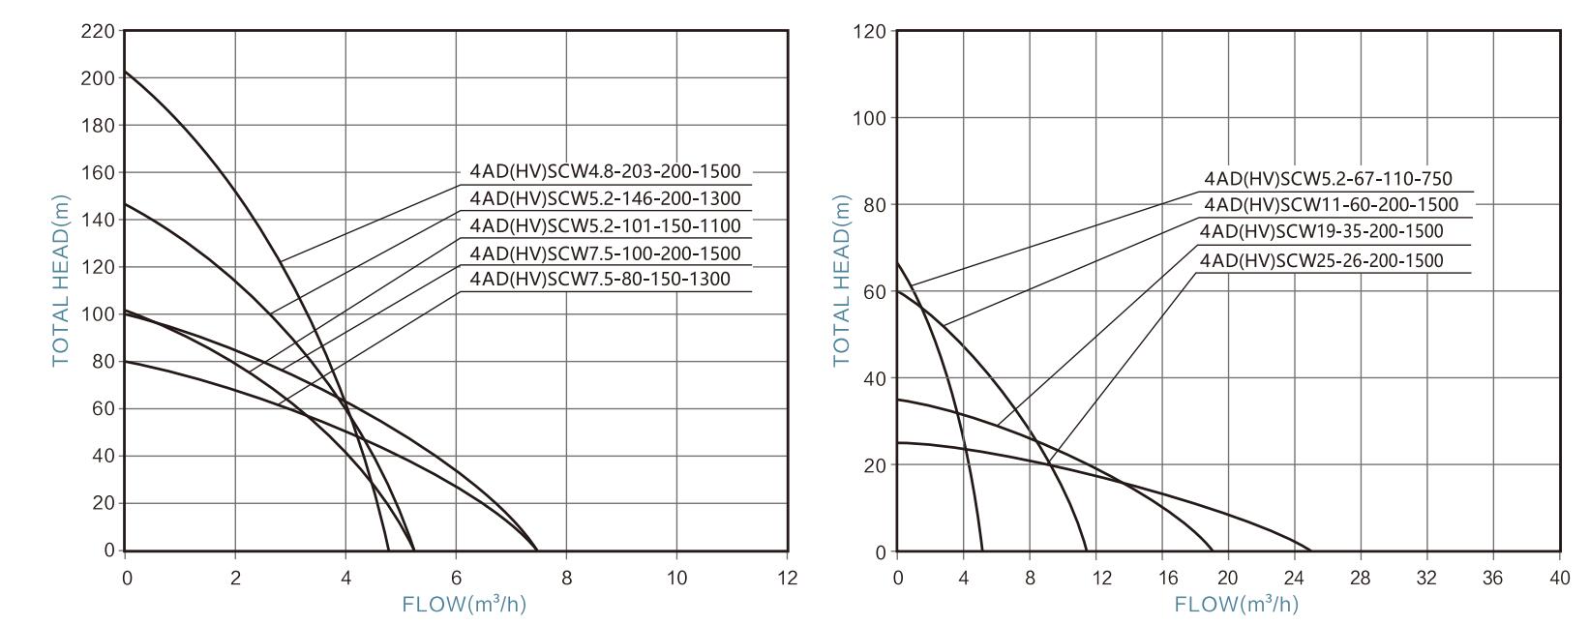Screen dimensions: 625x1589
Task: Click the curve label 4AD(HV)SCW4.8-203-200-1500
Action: click(x=605, y=171)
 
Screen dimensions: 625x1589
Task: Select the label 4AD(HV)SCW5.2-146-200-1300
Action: click(x=605, y=198)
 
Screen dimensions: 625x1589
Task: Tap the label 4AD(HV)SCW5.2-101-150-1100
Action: click(x=605, y=225)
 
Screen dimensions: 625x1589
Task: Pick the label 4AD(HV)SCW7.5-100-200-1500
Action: click(x=605, y=253)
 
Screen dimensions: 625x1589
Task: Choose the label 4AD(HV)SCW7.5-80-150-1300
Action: click(x=600, y=280)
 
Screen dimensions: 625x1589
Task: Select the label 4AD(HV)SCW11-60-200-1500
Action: click(x=1331, y=205)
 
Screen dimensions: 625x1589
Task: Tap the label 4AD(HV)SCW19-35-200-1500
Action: click(x=1321, y=231)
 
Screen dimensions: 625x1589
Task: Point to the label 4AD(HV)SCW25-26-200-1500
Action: click(x=1321, y=260)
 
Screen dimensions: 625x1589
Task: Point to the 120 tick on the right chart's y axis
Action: click(x=869, y=32)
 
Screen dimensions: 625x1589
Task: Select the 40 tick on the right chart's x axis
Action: click(x=1559, y=578)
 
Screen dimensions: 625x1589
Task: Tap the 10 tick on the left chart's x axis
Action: click(x=676, y=578)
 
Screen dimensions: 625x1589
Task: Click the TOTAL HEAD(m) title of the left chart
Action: click(x=61, y=281)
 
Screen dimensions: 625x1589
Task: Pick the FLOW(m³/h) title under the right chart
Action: click(x=1236, y=605)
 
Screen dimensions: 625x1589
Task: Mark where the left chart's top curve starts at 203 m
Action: click(x=125, y=71)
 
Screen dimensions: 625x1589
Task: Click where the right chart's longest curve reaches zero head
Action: click(x=1311, y=551)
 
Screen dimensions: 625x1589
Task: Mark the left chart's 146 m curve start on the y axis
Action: click(x=125, y=203)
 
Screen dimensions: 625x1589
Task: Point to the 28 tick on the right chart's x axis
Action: click(x=1361, y=578)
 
